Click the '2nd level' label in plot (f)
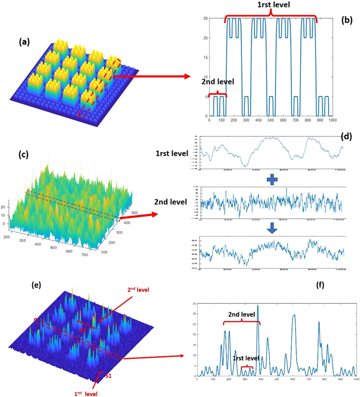pos(242,314)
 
